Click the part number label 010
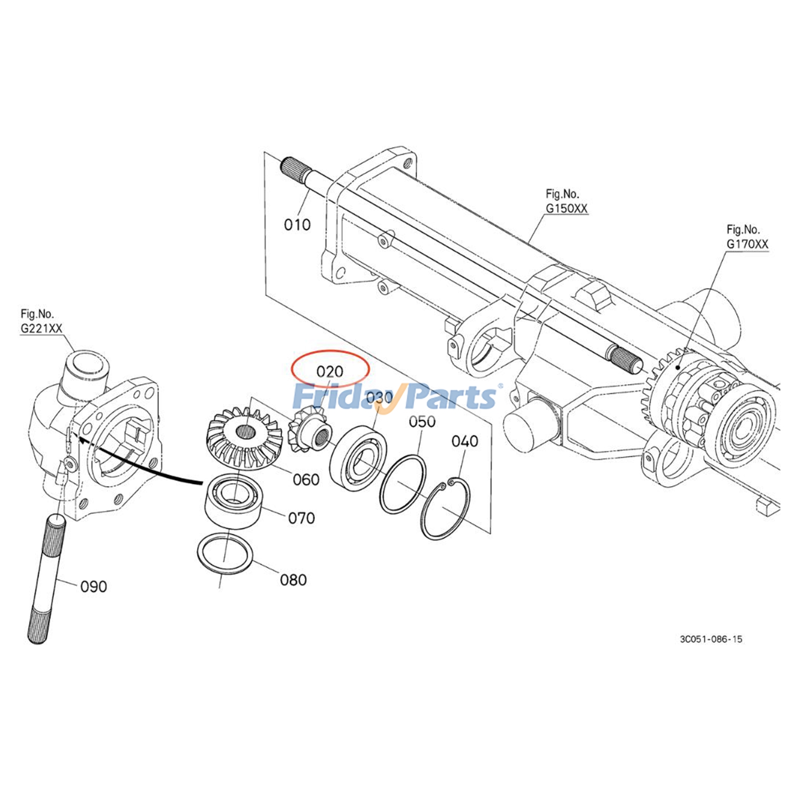click(297, 225)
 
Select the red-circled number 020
click(329, 371)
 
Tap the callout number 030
click(379, 398)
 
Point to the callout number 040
click(465, 441)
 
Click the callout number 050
click(422, 421)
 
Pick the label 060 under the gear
click(306, 480)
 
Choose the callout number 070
click(301, 518)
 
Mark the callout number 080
click(293, 580)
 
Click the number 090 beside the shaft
click(94, 587)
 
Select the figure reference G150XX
click(566, 208)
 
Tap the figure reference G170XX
click(747, 244)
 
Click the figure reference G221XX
click(41, 328)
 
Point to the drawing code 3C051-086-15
click(711, 639)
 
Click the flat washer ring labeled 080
click(225, 554)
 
